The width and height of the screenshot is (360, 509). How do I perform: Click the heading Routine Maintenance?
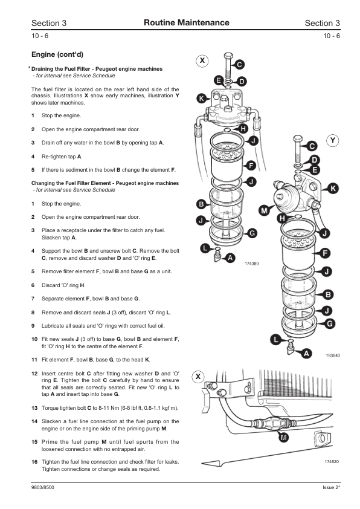[187, 23]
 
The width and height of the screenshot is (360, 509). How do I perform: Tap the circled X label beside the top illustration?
[202, 60]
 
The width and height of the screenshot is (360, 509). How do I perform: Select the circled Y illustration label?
[332, 141]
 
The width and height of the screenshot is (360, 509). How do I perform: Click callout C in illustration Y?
[312, 146]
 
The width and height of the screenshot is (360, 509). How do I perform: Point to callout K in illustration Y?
[333, 188]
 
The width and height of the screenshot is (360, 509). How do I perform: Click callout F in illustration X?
[251, 166]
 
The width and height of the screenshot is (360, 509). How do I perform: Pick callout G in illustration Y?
[330, 323]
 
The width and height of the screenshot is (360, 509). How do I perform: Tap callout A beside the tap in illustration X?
[230, 258]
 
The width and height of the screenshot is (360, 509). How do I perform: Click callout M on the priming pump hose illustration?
[284, 438]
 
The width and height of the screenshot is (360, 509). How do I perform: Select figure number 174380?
[252, 264]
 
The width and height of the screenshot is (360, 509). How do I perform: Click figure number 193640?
[333, 355]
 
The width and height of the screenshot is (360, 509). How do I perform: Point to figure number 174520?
[332, 461]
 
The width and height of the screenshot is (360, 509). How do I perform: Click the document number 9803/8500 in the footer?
[43, 487]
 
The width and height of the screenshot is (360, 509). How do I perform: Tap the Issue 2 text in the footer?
[331, 487]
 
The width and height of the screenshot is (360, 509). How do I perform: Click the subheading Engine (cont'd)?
[57, 54]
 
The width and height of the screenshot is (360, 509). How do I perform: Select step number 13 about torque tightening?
[34, 408]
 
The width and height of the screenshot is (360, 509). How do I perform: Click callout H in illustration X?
[243, 129]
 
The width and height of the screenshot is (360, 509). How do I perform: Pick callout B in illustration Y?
[328, 294]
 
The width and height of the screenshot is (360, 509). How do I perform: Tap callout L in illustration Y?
[275, 340]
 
